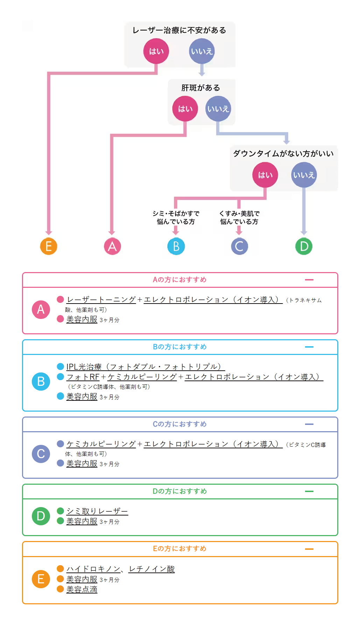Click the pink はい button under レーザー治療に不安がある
(156, 51)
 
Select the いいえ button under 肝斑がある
(218, 109)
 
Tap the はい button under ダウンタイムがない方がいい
(265, 175)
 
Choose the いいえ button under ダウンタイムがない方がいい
(304, 175)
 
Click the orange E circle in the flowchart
(49, 247)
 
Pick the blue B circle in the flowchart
(176, 247)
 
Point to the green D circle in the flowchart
(304, 247)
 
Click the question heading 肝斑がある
(200, 88)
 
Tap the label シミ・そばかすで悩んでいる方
(176, 217)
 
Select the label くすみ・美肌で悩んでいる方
(239, 217)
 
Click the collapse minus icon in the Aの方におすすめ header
(309, 280)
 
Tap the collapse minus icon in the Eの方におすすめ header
(309, 549)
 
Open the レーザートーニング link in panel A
(101, 300)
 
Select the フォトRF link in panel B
(83, 377)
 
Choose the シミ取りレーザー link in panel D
(97, 511)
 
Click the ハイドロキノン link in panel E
(93, 569)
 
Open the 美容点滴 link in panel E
(82, 590)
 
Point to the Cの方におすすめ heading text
(179, 424)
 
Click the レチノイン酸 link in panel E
(151, 569)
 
